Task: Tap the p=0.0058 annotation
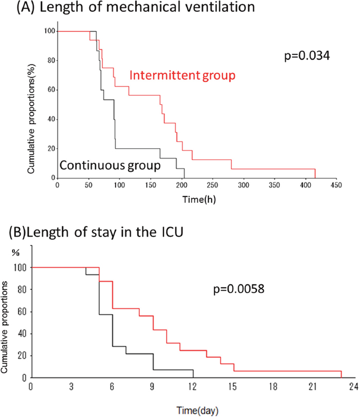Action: pyautogui.click(x=238, y=289)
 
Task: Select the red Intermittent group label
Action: pyautogui.click(x=183, y=76)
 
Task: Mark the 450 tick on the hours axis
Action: pyautogui.click(x=336, y=185)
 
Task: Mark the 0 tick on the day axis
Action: pyautogui.click(x=31, y=385)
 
